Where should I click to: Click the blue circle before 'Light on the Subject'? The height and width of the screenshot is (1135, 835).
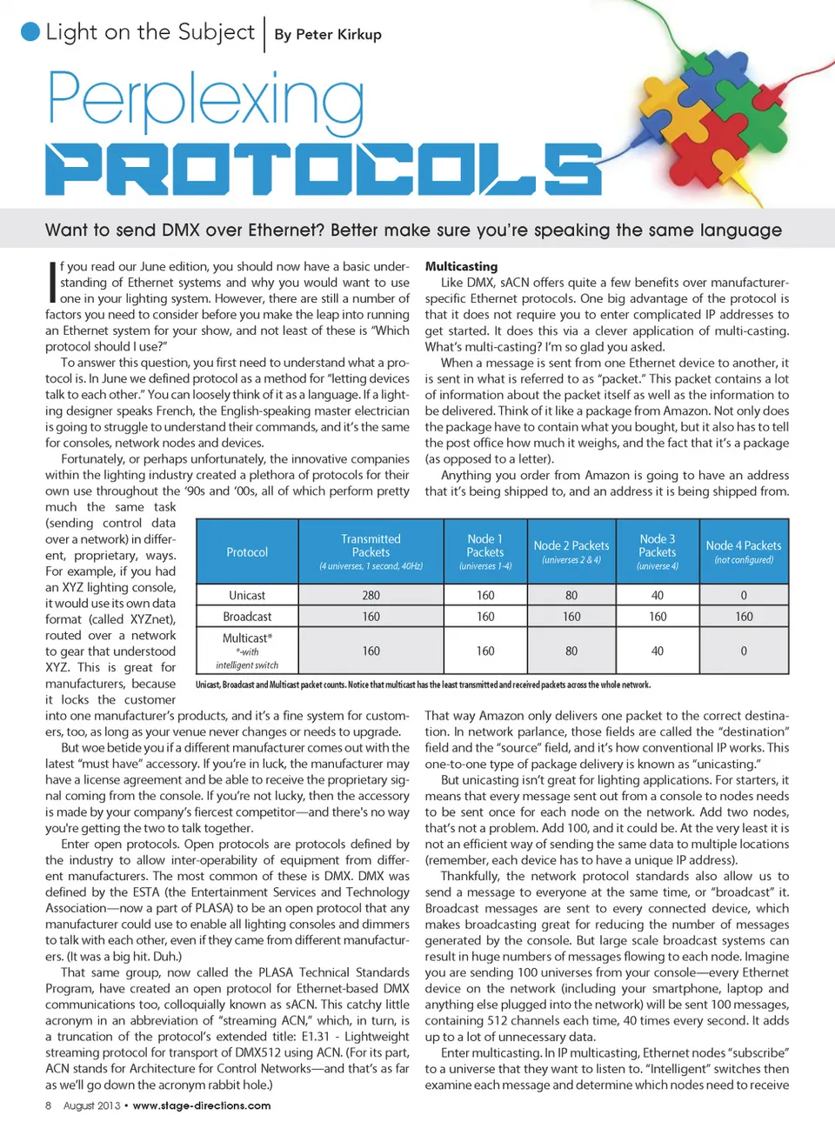30,32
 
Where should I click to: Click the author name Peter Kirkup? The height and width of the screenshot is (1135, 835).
328,35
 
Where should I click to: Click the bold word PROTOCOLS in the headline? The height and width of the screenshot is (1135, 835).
323,169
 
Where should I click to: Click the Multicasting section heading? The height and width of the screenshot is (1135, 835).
461,266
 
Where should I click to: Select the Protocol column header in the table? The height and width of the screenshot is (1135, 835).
247,552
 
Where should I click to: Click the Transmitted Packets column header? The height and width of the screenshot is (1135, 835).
371,545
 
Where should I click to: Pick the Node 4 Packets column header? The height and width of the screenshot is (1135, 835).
744,546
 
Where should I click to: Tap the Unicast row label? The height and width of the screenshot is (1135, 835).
247,596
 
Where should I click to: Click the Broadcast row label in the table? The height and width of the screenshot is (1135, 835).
247,617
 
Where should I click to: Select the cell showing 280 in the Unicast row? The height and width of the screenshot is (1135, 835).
371,596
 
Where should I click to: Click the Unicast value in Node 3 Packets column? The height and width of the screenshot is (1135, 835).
658,596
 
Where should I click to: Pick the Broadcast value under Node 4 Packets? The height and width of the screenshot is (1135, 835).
744,617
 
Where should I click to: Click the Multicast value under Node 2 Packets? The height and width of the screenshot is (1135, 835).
571,651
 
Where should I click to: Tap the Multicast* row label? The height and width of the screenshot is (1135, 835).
247,638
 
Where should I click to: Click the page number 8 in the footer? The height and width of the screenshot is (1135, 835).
49,1105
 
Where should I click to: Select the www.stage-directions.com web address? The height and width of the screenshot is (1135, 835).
202,1105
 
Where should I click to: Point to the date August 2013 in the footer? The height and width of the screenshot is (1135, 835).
91,1105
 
